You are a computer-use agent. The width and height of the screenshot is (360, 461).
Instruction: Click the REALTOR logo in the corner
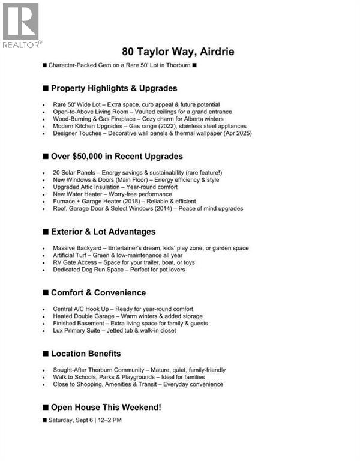[21, 25]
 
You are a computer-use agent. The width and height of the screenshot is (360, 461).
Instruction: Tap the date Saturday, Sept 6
[71, 420]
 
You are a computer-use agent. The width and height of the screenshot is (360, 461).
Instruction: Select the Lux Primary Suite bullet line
[122, 330]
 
